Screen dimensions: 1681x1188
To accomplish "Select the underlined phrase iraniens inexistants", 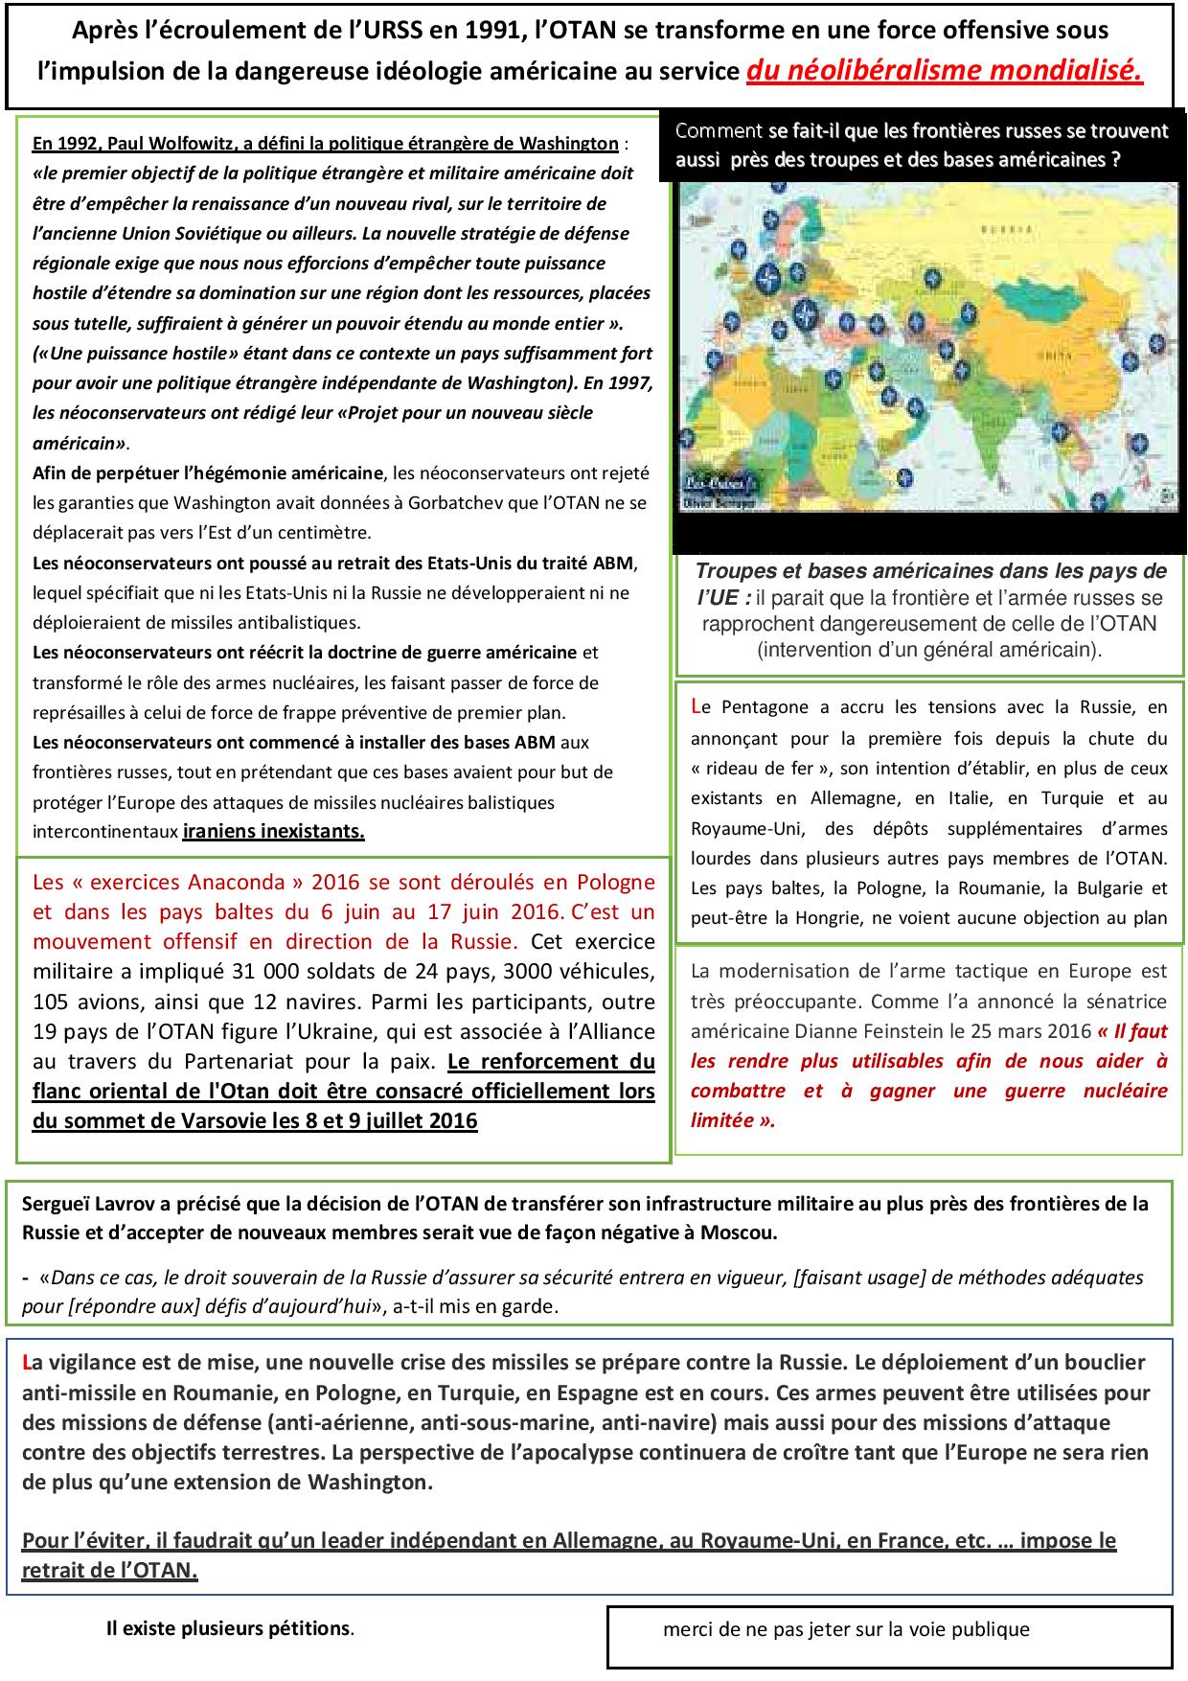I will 273,831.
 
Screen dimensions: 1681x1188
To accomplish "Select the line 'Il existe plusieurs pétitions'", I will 230,1628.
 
